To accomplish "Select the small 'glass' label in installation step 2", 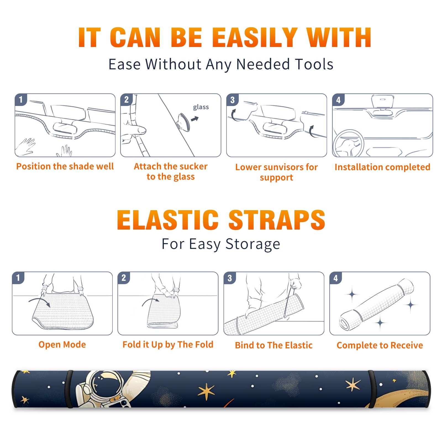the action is [201, 107].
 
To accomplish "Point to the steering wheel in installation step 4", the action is [348, 143].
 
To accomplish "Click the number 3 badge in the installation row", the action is [232, 100].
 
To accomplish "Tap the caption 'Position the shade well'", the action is [65, 166].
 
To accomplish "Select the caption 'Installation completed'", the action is [382, 167].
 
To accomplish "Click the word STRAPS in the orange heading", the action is [277, 220].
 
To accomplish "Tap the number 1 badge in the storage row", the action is [18, 278].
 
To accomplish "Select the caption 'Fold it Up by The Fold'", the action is [168, 344].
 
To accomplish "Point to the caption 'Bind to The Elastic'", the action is [274, 345].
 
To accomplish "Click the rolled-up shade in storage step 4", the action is [376, 304].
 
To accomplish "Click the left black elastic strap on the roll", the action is [69, 389].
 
